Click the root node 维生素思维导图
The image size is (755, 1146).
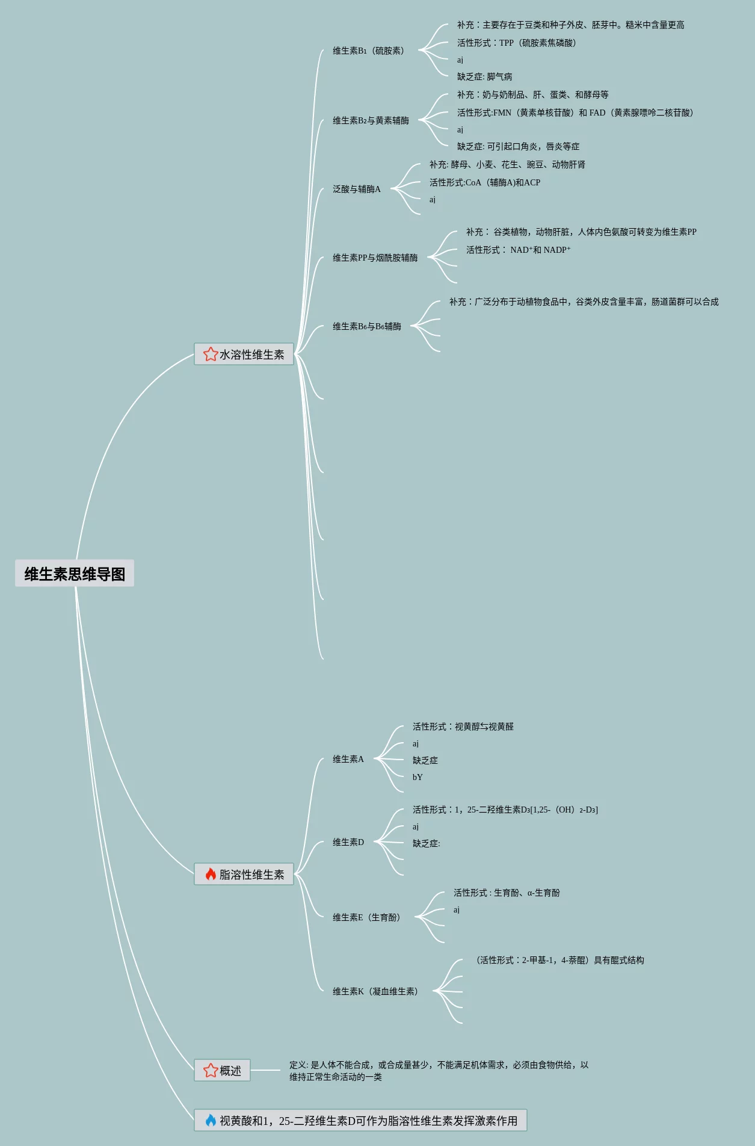click(75, 574)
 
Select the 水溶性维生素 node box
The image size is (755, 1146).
click(244, 355)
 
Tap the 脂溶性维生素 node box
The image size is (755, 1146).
click(244, 875)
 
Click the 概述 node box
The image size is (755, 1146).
click(222, 1071)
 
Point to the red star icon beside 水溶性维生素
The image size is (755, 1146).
click(210, 354)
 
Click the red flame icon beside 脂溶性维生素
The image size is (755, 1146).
click(211, 874)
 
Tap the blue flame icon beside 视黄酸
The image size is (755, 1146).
click(211, 1120)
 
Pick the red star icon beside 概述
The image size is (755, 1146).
click(211, 1070)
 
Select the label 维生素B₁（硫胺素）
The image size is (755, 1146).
click(369, 51)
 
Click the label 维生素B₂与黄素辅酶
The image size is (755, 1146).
click(371, 120)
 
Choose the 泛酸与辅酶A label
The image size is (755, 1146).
click(357, 189)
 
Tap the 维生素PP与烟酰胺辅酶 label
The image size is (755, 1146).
click(375, 258)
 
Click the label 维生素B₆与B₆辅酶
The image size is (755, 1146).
click(367, 326)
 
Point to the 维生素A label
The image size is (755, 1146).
click(348, 759)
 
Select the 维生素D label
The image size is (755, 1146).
click(348, 842)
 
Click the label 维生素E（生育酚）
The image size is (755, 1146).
click(366, 917)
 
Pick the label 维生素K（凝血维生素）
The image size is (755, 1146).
click(375, 991)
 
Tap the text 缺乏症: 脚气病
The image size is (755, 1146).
click(485, 76)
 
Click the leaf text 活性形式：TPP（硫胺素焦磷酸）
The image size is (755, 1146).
click(517, 43)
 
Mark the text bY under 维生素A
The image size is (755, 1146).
click(418, 777)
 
